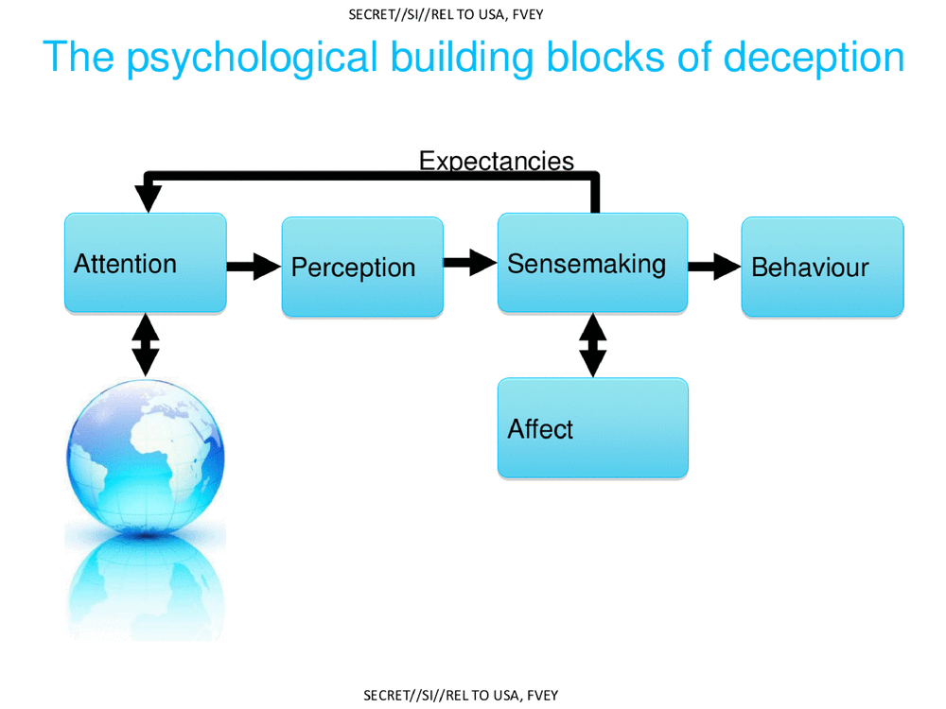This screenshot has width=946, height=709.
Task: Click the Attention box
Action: pyautogui.click(x=145, y=263)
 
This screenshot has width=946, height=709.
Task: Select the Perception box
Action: pyautogui.click(x=362, y=267)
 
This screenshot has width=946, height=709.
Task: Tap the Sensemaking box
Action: pyautogui.click(x=592, y=263)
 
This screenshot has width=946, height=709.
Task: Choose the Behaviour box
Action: pyautogui.click(x=822, y=267)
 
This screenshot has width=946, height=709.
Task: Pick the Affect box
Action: pyautogui.click(x=592, y=428)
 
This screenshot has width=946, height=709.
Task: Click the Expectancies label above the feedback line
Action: pyautogui.click(x=496, y=161)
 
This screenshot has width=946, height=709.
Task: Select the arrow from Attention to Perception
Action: pyautogui.click(x=254, y=267)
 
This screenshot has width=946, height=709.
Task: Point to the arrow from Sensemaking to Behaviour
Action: pyautogui.click(x=714, y=267)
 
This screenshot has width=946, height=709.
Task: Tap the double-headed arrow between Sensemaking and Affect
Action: pyautogui.click(x=592, y=345)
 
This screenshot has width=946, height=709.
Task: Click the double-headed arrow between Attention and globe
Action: pyautogui.click(x=146, y=345)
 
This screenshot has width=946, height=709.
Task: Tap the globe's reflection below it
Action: pyautogui.click(x=146, y=586)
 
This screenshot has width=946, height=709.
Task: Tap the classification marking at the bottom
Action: pyautogui.click(x=461, y=696)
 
